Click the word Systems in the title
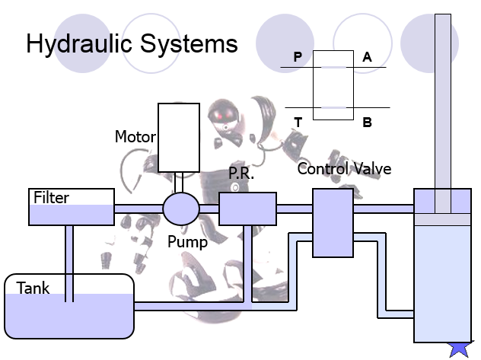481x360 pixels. click(x=189, y=43)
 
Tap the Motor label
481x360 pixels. click(x=135, y=136)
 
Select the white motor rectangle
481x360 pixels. click(x=179, y=138)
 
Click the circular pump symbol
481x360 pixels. click(x=181, y=209)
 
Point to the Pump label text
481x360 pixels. click(x=187, y=242)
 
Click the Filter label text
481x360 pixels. click(x=51, y=197)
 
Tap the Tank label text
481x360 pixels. click(x=33, y=288)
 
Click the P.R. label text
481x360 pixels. click(x=241, y=174)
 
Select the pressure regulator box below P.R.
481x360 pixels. click(x=247, y=209)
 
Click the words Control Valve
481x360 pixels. click(x=344, y=169)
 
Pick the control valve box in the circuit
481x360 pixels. click(x=333, y=223)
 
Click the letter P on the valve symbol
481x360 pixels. click(x=298, y=57)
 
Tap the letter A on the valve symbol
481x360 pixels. click(x=367, y=57)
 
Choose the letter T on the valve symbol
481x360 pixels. click(x=298, y=123)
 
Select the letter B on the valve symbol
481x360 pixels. click(x=367, y=123)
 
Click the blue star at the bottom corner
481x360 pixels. click(x=459, y=349)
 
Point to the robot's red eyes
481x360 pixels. click(x=225, y=116)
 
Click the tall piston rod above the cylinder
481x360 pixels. click(x=443, y=113)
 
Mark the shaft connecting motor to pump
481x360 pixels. click(x=179, y=183)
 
